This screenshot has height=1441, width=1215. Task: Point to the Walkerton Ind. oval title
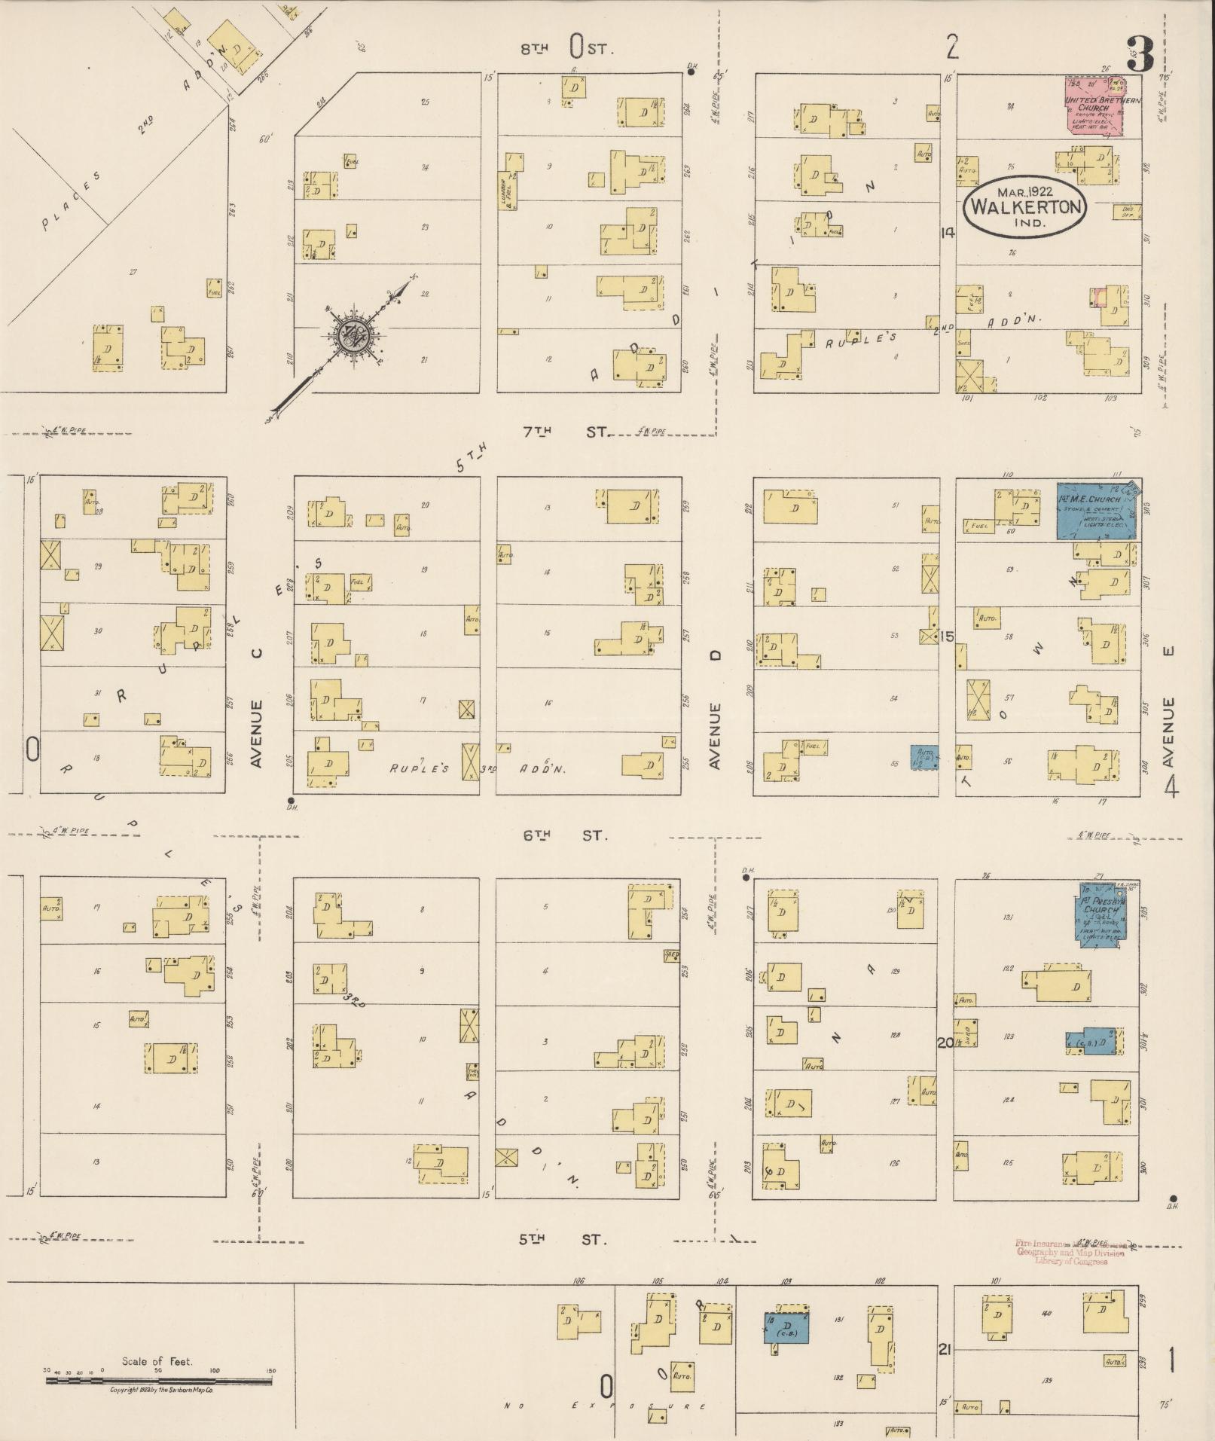pos(1026,205)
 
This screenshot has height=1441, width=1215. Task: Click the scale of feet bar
pos(158,1381)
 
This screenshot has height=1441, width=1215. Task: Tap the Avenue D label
pos(716,734)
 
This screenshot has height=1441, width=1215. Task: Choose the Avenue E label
pos(1168,732)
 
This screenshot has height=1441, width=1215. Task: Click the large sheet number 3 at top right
pos(1140,54)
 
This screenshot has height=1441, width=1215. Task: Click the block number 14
pos(946,233)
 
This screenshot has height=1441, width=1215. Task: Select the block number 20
pos(945,1043)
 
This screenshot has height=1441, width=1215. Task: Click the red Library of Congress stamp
pos(1070,1252)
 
